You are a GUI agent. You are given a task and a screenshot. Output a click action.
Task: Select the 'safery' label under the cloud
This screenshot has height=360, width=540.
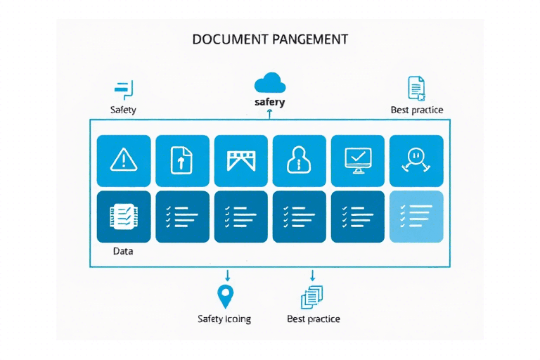(270, 103)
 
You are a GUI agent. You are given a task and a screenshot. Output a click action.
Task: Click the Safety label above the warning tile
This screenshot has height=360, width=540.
(123, 110)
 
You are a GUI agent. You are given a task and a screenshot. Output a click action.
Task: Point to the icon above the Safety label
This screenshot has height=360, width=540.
(123, 89)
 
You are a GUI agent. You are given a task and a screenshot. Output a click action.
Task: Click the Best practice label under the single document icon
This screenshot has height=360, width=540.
(417, 110)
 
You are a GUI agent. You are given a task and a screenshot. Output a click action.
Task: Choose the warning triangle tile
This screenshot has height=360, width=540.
(123, 161)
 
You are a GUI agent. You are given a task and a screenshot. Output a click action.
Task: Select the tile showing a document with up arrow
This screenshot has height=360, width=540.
(182, 161)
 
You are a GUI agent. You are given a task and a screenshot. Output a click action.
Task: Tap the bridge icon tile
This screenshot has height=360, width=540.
(240, 161)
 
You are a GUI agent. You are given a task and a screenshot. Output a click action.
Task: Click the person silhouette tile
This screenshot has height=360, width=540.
(300, 161)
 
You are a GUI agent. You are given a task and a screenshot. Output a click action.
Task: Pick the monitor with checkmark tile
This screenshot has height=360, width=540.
(358, 161)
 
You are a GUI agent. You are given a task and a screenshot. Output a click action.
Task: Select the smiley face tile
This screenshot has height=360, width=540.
(416, 161)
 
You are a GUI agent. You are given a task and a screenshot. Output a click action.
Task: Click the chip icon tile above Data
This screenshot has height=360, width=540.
(123, 216)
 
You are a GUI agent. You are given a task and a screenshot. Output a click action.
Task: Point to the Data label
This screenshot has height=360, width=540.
(123, 250)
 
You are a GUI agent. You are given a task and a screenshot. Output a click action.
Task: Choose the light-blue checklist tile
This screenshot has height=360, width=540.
(416, 216)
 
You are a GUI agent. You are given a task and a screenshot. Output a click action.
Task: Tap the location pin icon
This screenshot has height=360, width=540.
(226, 297)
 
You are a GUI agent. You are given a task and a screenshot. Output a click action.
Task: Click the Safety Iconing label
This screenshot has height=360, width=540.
(224, 319)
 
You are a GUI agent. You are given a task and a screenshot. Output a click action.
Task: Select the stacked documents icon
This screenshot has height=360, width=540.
(312, 297)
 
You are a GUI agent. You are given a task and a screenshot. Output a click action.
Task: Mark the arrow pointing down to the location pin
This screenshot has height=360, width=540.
(226, 276)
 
